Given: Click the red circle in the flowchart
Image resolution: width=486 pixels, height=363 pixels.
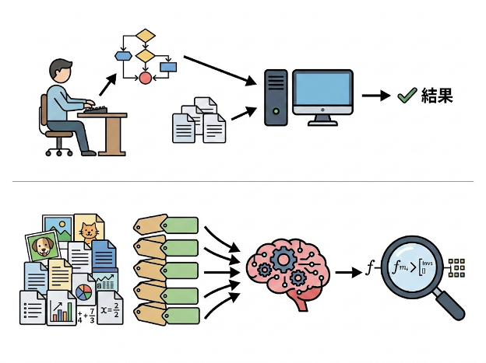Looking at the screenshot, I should (145, 78).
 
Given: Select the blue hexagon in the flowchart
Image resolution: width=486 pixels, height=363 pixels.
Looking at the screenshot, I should (122, 55).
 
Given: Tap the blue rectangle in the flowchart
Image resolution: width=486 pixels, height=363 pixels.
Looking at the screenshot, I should (167, 67).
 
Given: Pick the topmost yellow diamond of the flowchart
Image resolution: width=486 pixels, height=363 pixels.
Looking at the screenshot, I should (145, 36).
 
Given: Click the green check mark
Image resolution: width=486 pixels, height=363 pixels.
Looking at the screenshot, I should (406, 96).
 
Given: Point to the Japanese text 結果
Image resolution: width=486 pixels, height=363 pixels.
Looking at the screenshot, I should (437, 96).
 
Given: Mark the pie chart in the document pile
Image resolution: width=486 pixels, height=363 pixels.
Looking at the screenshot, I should (84, 293).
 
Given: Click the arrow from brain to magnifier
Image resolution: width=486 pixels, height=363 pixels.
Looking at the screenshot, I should (347, 272).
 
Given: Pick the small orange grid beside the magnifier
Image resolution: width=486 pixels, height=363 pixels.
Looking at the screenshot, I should (458, 267).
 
